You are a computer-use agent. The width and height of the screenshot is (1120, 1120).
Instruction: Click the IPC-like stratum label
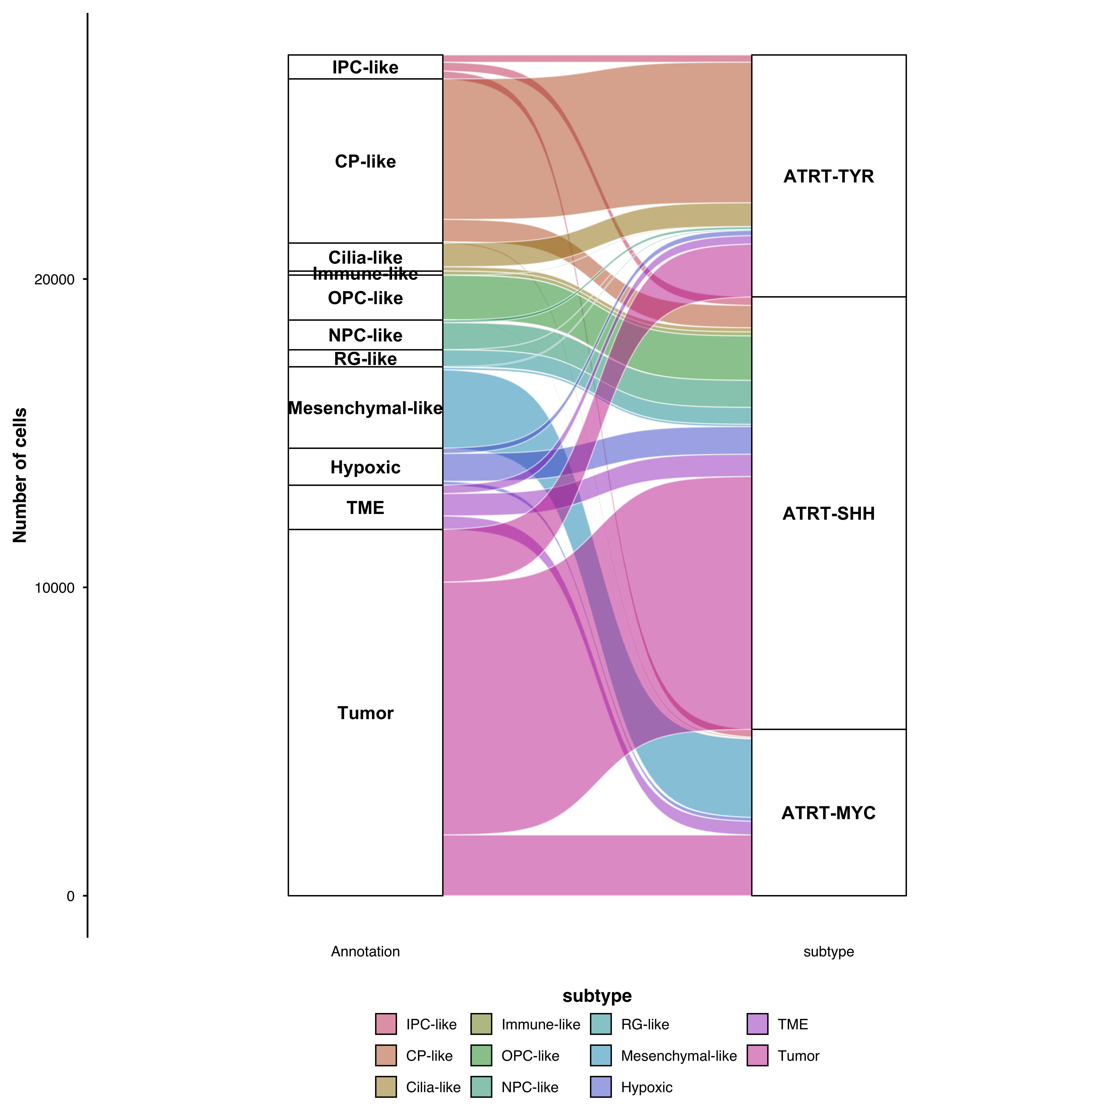click(x=365, y=68)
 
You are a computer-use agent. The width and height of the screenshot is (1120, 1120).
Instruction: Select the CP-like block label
click(x=365, y=162)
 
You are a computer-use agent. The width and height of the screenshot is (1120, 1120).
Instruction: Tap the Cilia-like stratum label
click(x=365, y=257)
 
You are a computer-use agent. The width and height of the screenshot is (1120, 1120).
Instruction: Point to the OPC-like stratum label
click(x=365, y=299)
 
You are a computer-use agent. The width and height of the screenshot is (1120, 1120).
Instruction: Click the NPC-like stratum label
click(x=365, y=336)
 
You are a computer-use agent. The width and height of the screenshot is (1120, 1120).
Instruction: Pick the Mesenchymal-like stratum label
click(x=365, y=409)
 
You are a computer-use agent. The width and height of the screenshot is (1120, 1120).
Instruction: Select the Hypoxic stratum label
click(x=365, y=468)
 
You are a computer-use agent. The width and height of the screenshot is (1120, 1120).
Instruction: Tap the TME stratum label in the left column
click(x=365, y=508)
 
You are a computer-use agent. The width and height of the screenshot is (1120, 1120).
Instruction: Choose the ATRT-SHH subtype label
click(x=828, y=514)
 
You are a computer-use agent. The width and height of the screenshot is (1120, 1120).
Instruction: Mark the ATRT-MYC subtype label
click(x=828, y=813)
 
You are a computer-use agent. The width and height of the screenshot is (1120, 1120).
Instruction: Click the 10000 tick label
click(x=54, y=588)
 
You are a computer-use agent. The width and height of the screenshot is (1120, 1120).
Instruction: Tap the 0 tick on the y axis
click(x=71, y=896)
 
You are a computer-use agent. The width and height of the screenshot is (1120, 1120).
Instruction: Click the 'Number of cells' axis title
click(x=20, y=475)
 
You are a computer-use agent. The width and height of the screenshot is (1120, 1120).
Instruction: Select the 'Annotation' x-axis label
click(x=365, y=952)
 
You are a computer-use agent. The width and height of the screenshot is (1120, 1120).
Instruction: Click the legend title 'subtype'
click(x=597, y=996)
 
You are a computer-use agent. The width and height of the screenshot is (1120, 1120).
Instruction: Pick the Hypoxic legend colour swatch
click(x=601, y=1087)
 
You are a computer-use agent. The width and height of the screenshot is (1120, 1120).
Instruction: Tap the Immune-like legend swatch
click(x=481, y=1024)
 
